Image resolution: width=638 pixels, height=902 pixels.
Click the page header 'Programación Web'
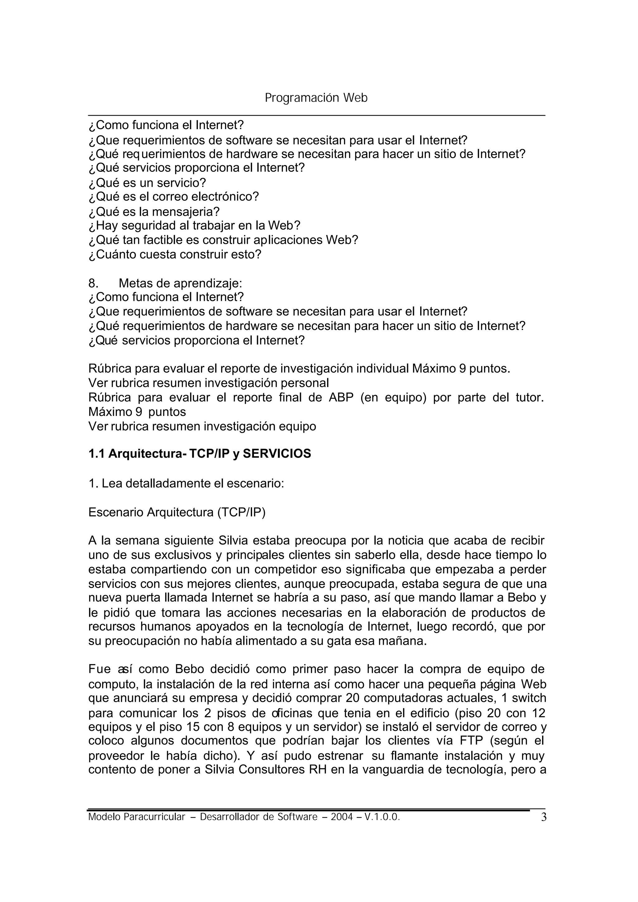pyautogui.click(x=316, y=98)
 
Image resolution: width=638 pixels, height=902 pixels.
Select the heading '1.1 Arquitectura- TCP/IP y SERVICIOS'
pyautogui.click(x=200, y=454)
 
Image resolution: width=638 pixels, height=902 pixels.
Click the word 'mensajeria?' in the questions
pyautogui.click(x=185, y=212)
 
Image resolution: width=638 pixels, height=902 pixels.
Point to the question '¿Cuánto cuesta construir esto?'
pyautogui.click(x=175, y=255)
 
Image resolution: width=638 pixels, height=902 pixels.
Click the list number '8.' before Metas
pyautogui.click(x=93, y=283)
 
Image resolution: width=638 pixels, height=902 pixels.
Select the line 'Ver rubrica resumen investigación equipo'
pyautogui.click(x=202, y=426)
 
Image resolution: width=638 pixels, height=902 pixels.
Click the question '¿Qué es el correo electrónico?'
pyautogui.click(x=174, y=197)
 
